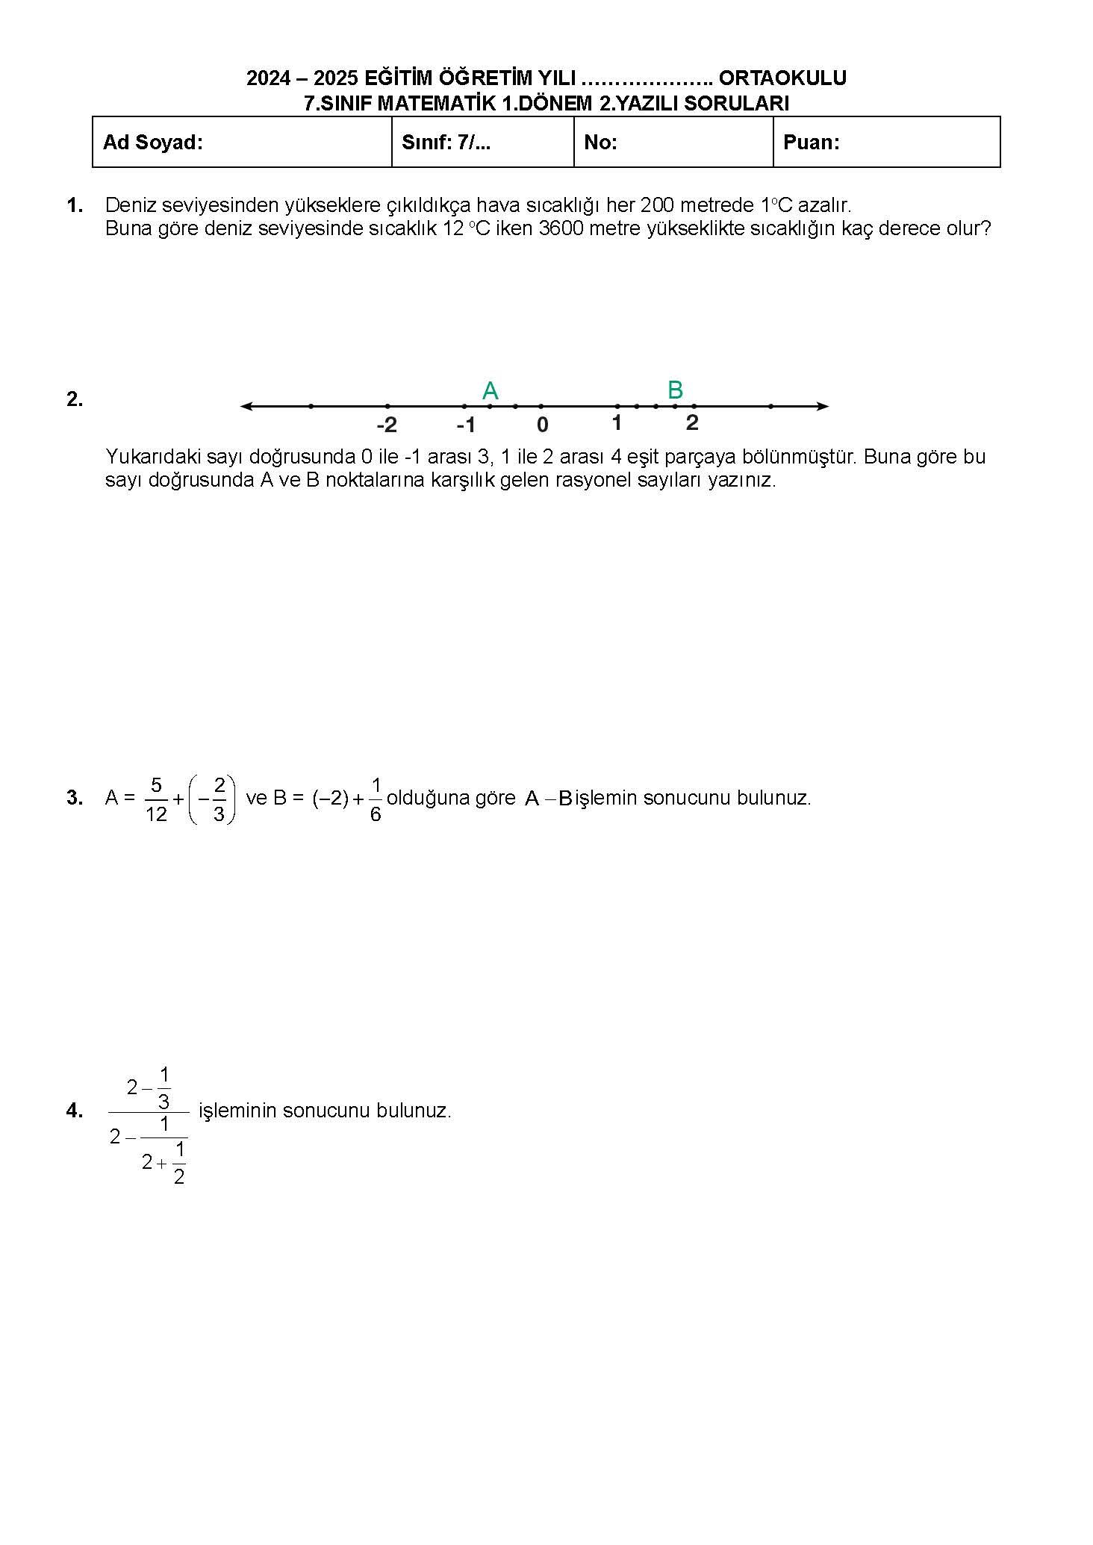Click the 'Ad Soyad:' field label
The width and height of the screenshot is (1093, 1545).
click(153, 143)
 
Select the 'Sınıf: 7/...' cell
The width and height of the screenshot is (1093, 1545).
click(446, 143)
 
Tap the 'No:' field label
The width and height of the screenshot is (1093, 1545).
click(600, 143)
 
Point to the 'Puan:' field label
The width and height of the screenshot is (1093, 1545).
click(812, 143)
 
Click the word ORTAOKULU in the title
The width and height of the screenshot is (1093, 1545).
click(782, 78)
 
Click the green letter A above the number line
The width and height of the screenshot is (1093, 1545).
click(491, 390)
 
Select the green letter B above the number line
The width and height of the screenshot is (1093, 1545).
click(675, 390)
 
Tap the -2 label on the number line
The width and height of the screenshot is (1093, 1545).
click(387, 425)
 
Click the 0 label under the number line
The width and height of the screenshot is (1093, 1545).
click(543, 425)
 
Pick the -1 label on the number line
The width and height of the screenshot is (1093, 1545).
click(466, 425)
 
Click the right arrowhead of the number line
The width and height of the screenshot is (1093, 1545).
click(823, 406)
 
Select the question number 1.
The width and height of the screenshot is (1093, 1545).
click(75, 205)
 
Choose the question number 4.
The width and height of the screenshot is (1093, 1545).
click(75, 1111)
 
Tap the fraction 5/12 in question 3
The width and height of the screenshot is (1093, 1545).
click(156, 799)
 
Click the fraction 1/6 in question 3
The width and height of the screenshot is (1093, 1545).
click(376, 799)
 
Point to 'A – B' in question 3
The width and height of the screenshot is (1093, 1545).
click(549, 799)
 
